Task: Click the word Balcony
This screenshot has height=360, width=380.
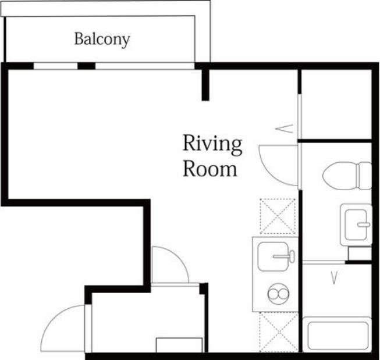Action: coord(102,39)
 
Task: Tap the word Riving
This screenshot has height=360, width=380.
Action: coord(212,145)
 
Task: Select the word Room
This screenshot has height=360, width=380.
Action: coord(210,169)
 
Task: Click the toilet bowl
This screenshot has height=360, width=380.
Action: coord(340,176)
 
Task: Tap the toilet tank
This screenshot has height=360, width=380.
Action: coord(365,176)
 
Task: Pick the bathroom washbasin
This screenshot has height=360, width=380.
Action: coord(356,225)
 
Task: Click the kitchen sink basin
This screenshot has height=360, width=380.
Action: coord(273,256)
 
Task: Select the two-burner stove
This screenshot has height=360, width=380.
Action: coord(278,294)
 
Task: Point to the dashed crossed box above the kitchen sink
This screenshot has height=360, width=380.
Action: coord(278,216)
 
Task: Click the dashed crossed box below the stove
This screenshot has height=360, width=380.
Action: coord(279,332)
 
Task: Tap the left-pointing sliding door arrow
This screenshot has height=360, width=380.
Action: coord(285,129)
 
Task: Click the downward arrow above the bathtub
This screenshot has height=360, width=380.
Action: coord(335,277)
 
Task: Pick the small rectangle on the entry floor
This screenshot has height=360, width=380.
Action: coord(179,345)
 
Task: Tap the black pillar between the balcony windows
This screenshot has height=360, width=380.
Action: coord(87,66)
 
